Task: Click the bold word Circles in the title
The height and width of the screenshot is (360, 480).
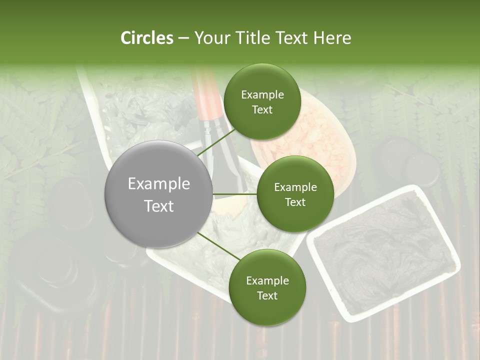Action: click(146, 38)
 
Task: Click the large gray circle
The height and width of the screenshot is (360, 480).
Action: click(158, 194)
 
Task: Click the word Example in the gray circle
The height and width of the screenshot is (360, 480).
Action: click(158, 184)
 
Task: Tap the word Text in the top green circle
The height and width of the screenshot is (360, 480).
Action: click(262, 110)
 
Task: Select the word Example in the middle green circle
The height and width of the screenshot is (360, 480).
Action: click(295, 187)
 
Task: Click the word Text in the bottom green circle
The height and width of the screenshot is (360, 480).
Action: click(267, 295)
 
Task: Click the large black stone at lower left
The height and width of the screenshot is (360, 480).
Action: click(50, 270)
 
